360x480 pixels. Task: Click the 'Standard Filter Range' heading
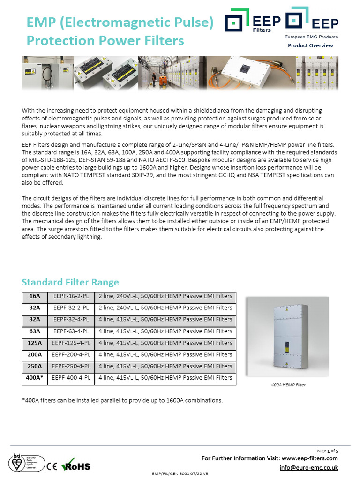tap(70, 282)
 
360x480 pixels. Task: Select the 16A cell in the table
tap(35, 296)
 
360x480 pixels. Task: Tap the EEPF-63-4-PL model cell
tap(71, 331)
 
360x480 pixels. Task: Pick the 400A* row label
tap(35, 377)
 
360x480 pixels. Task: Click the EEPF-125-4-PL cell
tap(71, 343)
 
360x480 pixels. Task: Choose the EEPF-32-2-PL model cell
tap(71, 308)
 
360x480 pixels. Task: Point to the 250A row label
tap(35, 366)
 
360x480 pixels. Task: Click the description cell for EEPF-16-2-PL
tap(165, 296)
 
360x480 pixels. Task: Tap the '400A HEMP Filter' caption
tap(288, 385)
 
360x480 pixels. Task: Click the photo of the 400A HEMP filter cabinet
tap(288, 337)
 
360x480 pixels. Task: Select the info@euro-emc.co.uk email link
tap(308, 468)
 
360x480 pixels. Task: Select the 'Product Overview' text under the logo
tap(310, 45)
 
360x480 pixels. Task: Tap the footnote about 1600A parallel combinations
tap(122, 400)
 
